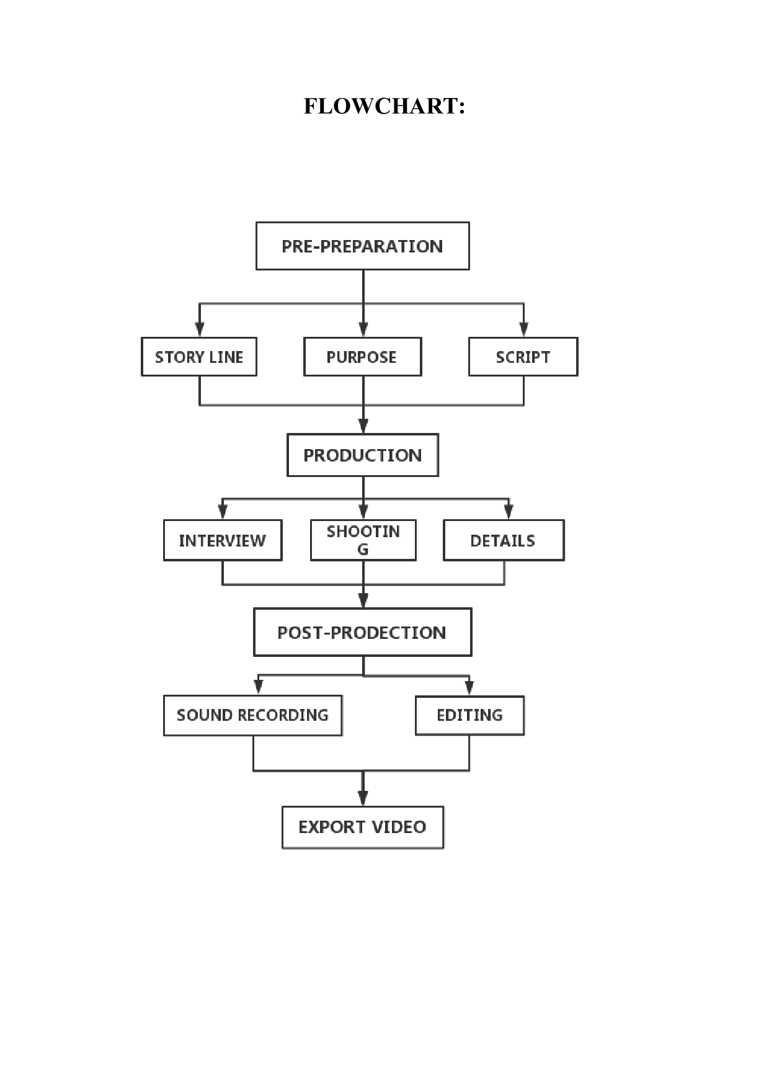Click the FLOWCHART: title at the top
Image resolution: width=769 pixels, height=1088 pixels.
384,106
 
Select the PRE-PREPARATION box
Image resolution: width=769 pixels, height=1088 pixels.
362,246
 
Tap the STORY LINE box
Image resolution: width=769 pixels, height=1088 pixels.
199,357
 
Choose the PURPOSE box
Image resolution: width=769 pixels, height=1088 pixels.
362,357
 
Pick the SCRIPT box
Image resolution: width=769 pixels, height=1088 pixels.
523,357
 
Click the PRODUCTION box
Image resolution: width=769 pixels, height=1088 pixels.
363,455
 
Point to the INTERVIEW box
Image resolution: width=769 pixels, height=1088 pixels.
223,540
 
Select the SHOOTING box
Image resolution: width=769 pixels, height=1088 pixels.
363,540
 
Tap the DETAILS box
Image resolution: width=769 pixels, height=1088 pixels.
504,540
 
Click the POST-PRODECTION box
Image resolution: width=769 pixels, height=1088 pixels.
362,632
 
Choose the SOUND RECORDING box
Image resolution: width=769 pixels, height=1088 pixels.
252,715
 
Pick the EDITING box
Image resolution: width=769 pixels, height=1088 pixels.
469,715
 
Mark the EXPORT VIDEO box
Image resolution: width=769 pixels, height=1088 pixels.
363,827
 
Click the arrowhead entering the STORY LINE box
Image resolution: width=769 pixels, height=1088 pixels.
199,329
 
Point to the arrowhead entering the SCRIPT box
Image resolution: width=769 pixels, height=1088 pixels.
523,329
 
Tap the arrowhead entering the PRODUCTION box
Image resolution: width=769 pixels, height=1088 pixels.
363,426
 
